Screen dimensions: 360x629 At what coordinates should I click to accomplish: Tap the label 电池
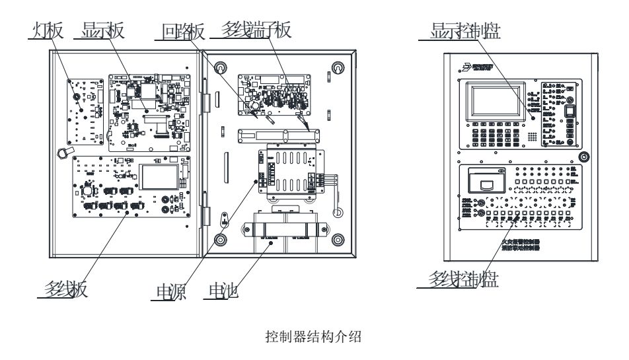click(x=221, y=290)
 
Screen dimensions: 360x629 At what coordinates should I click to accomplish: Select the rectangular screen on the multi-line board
click(x=159, y=177)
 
